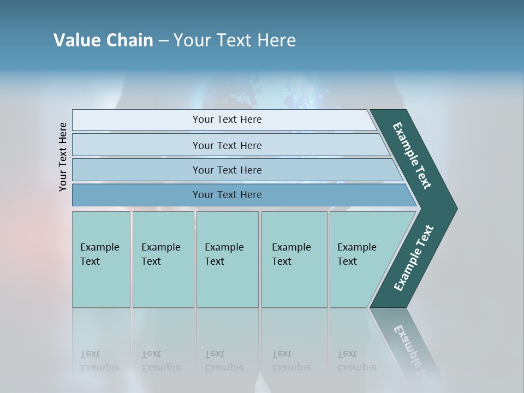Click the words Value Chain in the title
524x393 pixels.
pos(103,40)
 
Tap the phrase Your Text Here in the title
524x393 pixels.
pos(235,40)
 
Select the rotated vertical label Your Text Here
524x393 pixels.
pos(63,157)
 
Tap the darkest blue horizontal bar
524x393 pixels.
pos(136,195)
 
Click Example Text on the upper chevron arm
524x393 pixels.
pos(412,156)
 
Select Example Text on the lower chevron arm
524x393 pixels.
pos(414,258)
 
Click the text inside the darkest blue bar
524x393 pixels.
pos(227,195)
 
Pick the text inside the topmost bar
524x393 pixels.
pos(227,120)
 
